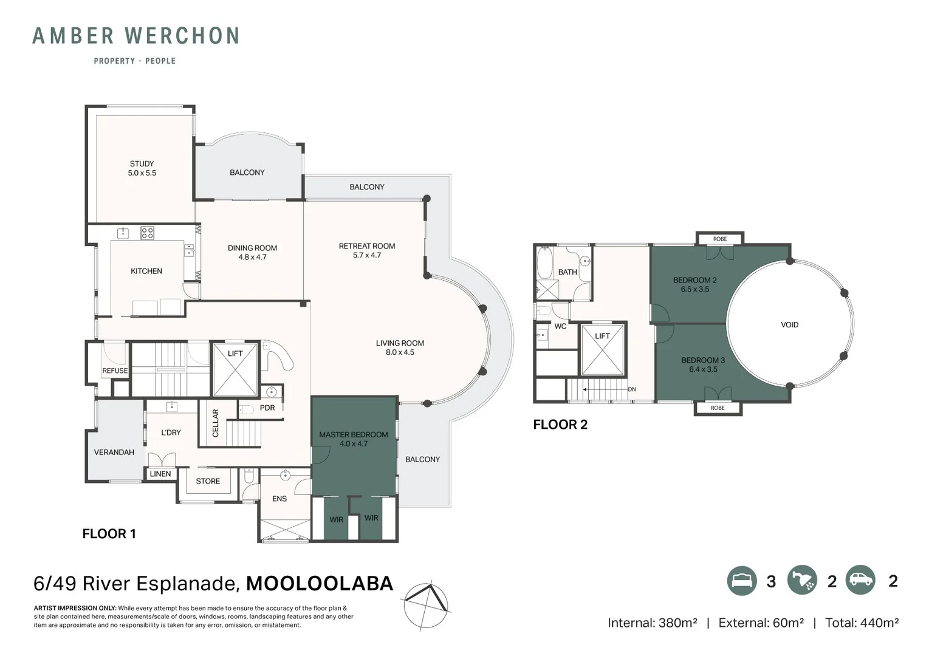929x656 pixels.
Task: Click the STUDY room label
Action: (142, 164)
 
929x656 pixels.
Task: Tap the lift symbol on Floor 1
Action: (235, 370)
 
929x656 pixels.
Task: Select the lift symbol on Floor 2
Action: (603, 350)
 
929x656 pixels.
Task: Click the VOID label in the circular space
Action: (789, 325)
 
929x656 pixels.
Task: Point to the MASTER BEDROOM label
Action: (353, 435)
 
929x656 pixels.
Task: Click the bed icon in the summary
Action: (742, 581)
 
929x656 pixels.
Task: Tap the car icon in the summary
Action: (860, 581)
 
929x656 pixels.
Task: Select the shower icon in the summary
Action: (802, 581)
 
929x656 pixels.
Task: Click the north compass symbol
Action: (426, 605)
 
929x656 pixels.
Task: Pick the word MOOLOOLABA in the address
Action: (320, 584)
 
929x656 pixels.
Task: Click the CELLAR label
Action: (215, 423)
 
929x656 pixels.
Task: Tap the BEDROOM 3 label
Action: (703, 360)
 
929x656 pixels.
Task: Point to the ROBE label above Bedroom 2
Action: (719, 239)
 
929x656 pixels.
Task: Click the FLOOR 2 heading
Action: (560, 425)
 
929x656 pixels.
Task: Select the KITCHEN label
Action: (146, 272)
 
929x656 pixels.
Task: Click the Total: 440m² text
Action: (861, 623)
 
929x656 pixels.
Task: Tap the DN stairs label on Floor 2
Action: (632, 389)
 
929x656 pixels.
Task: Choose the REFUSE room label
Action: (115, 371)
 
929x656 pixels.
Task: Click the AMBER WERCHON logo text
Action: (135, 36)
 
